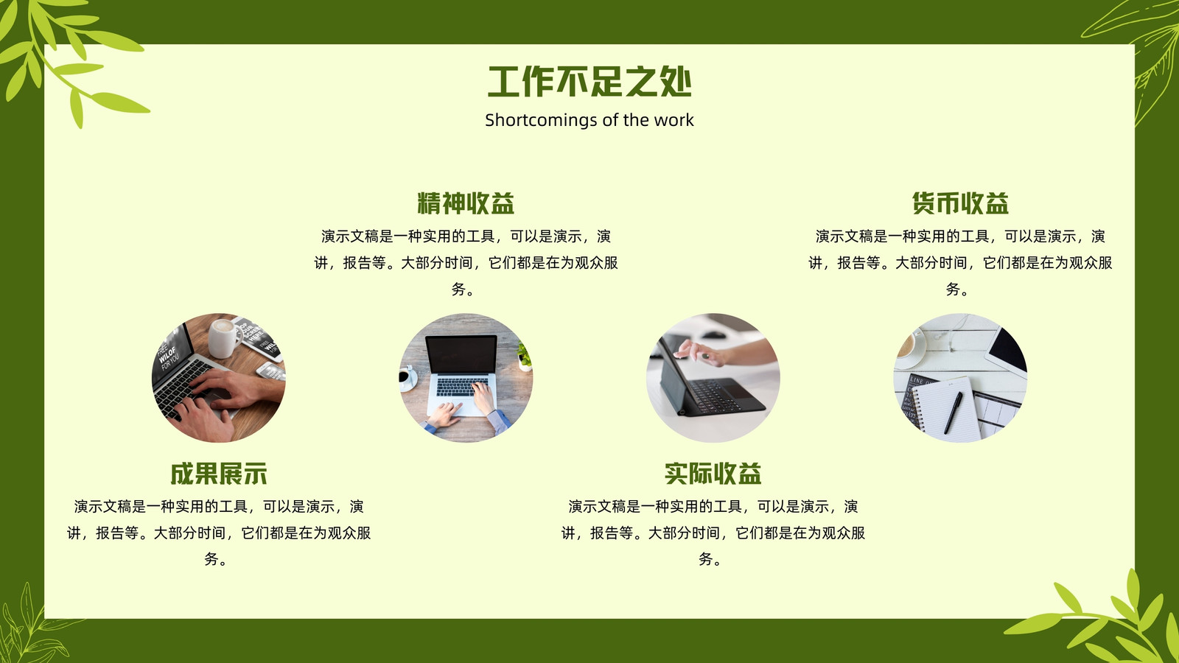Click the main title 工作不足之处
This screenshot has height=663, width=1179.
point(589,82)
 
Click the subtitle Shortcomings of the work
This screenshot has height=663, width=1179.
point(589,120)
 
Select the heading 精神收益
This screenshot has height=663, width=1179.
point(466,203)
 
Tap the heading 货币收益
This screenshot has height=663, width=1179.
point(961,203)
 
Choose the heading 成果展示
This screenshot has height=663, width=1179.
point(218,474)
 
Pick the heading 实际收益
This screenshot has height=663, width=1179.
point(713,474)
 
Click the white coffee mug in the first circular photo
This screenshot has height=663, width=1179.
point(224,338)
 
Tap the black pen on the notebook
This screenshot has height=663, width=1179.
point(954,413)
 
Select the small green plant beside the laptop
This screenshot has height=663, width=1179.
point(524,355)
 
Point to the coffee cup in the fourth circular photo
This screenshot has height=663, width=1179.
point(909,347)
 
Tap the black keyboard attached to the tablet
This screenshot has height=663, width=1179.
point(724,396)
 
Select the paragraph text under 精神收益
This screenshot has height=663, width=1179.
point(466,262)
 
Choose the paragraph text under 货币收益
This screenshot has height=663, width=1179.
point(961,262)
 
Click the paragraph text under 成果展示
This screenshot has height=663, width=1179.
point(218,533)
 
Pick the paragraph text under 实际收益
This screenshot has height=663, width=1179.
point(713,533)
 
